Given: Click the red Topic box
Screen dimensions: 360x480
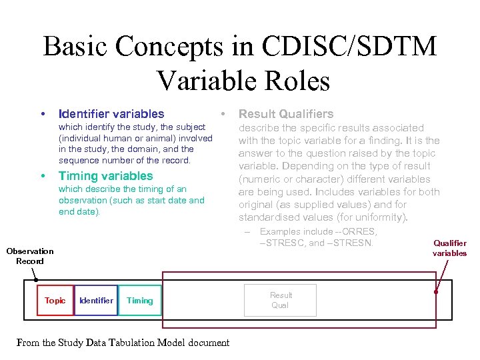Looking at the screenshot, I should [55, 301].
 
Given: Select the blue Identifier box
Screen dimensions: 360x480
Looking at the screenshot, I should [96, 301].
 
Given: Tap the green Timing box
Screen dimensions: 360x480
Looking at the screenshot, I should [140, 301].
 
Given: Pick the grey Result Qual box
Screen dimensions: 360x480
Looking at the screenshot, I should [281, 300].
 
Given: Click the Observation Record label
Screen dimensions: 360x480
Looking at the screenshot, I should [30, 256].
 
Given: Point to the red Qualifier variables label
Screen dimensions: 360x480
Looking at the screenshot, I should [450, 248].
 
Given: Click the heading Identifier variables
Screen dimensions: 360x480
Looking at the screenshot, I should [111, 114].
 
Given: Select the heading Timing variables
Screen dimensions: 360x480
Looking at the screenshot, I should [106, 176].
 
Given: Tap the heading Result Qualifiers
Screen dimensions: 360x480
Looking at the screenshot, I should [286, 114].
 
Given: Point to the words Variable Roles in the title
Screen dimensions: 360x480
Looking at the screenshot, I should [243, 81].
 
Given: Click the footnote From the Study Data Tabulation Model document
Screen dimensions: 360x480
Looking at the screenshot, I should [123, 343].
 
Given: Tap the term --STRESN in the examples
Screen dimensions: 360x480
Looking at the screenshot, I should [351, 242].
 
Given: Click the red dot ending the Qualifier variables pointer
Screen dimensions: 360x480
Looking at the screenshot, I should [435, 291].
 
